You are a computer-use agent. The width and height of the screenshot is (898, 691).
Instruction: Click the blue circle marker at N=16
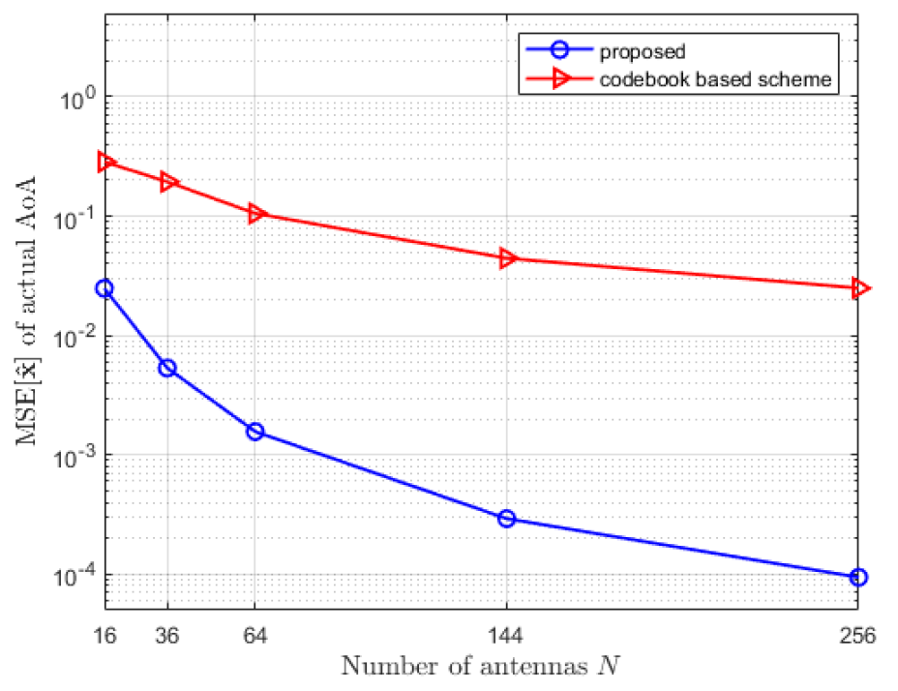click(x=105, y=288)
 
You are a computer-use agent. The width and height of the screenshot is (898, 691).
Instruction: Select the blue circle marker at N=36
click(x=167, y=368)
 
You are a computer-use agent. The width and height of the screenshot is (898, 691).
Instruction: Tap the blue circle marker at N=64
click(x=254, y=432)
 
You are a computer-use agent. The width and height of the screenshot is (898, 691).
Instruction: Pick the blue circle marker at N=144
click(x=506, y=519)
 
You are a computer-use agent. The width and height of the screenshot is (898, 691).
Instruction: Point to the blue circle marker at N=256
click(x=857, y=577)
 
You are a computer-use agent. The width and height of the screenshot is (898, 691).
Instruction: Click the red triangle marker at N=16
click(x=105, y=162)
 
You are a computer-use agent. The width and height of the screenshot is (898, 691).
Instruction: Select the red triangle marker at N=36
click(x=168, y=182)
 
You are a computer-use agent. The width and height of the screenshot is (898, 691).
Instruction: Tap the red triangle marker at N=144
click(x=507, y=258)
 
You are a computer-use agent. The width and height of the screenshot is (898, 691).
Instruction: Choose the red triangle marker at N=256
click(x=858, y=288)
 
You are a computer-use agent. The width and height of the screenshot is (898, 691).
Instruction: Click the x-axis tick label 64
click(x=254, y=636)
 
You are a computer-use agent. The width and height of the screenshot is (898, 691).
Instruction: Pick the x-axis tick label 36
click(x=167, y=636)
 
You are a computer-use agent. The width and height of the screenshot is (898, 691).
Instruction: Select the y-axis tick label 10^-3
click(x=75, y=457)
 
